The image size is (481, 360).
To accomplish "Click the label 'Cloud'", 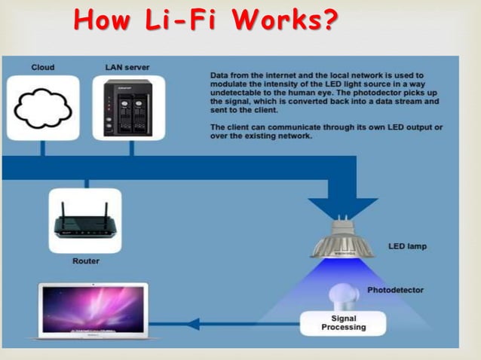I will point(43,67).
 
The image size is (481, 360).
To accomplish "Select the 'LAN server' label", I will point(127,67).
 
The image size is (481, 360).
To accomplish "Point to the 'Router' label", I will point(85,261).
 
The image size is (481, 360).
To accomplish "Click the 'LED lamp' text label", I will point(407,246).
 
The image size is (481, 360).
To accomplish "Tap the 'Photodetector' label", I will point(395,290).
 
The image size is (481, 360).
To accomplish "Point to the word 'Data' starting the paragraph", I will point(220,75).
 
